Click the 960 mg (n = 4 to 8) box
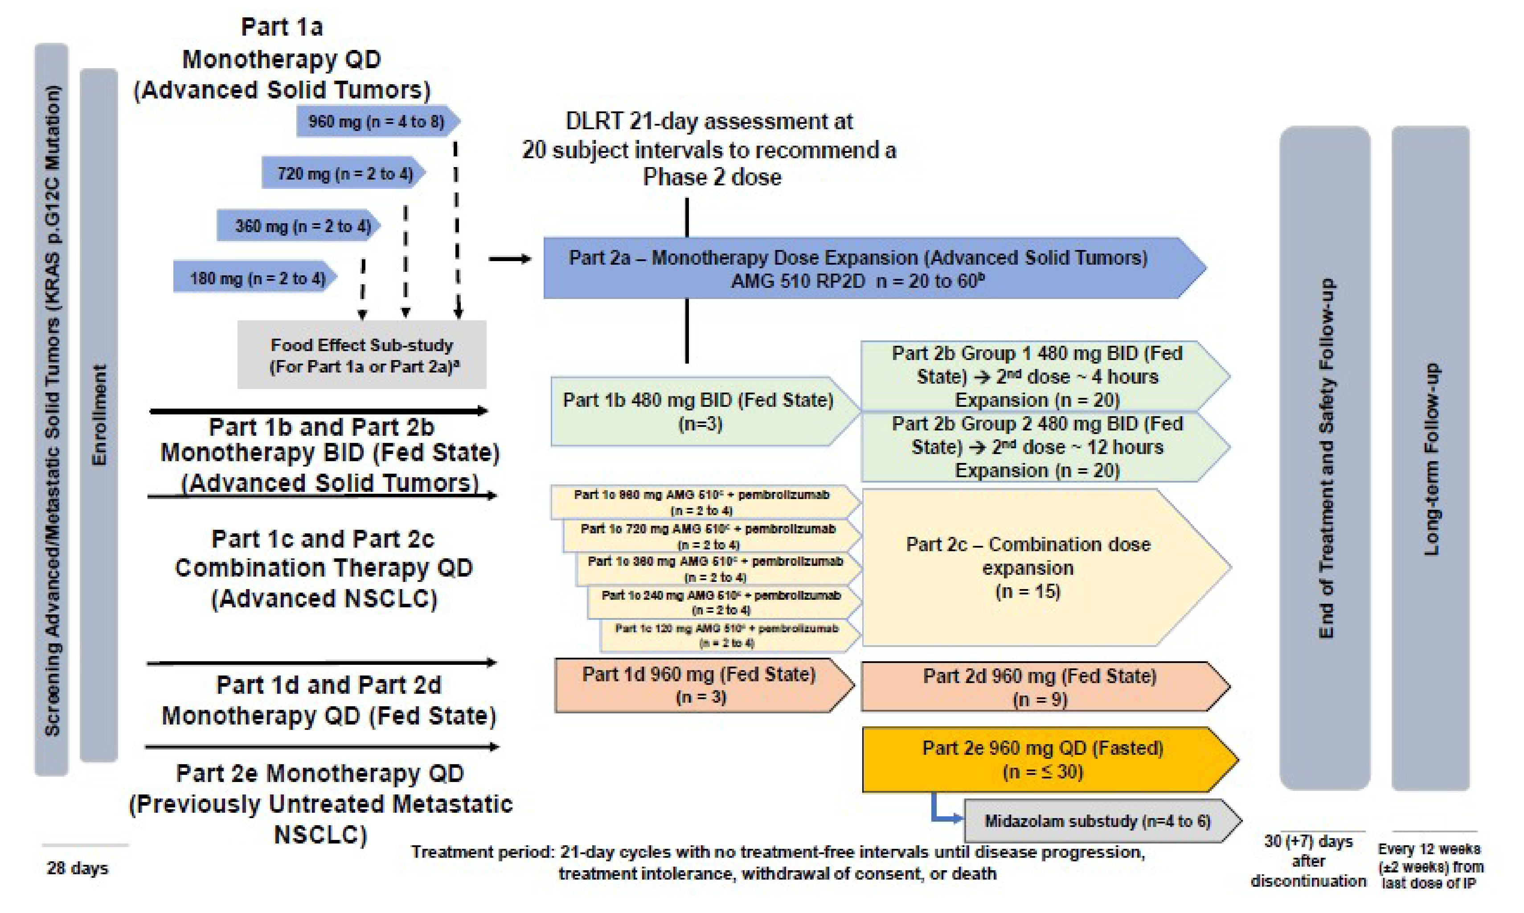point(376,121)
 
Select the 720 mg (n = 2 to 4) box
point(343,173)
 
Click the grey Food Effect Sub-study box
point(362,355)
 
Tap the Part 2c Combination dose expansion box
point(1028,567)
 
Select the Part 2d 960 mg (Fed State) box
point(1040,687)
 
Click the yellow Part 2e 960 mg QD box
point(1043,760)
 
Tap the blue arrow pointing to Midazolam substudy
point(941,812)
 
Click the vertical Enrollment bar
point(98,415)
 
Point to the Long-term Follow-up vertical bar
point(1430,459)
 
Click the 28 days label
point(78,868)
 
